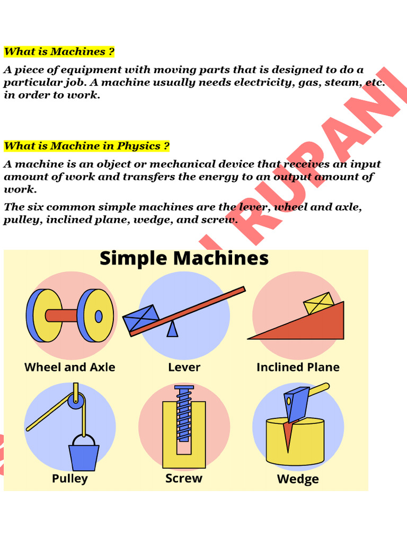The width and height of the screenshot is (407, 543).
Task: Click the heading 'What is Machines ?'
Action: tap(59, 52)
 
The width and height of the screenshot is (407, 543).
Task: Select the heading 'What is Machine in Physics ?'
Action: tap(87, 146)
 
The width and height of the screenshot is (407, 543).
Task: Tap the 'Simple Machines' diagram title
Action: tap(184, 259)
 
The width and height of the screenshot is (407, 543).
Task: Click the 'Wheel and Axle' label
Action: tap(69, 367)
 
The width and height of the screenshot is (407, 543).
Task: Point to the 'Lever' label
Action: tap(184, 367)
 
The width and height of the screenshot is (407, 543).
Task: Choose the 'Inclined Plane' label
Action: tap(298, 367)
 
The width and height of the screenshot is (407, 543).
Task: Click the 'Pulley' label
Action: tap(69, 478)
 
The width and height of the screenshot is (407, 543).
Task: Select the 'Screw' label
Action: tap(184, 478)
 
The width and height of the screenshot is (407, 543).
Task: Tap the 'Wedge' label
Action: tap(298, 479)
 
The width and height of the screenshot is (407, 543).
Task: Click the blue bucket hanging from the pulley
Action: tap(84, 457)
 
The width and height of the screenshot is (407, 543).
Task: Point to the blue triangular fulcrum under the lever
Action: tap(172, 329)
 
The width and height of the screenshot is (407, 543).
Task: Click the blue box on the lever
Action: tap(140, 318)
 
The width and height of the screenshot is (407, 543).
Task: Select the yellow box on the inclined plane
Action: tap(318, 303)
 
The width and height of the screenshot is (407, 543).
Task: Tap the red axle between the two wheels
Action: tap(63, 316)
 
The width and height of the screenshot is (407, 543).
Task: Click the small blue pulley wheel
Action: tap(76, 401)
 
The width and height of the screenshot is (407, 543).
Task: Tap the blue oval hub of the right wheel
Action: tap(99, 316)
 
